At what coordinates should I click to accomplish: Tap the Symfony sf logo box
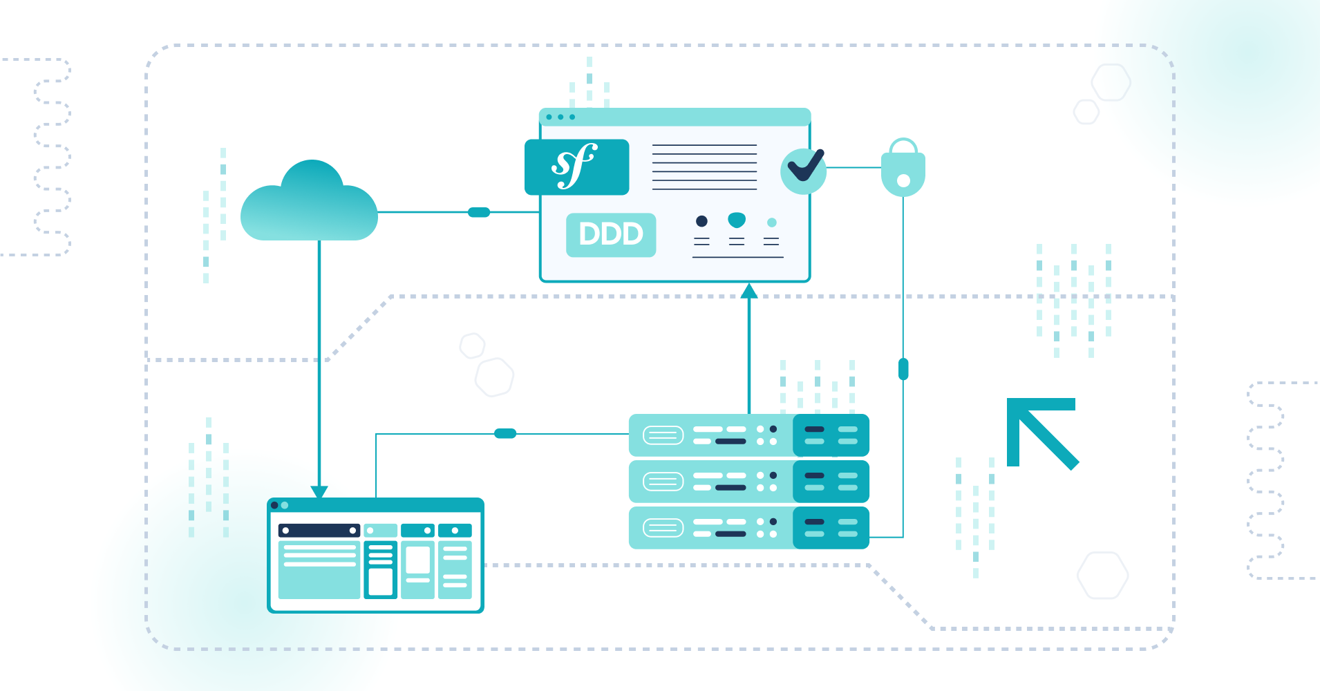point(576,167)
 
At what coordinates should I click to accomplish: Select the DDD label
point(611,235)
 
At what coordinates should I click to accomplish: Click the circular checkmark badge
point(804,170)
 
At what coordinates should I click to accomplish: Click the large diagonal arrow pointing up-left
point(1042,433)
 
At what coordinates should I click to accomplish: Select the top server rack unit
point(748,435)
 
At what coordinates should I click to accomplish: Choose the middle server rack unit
point(748,482)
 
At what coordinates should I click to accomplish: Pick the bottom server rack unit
point(748,528)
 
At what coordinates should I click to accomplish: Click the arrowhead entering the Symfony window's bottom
point(749,291)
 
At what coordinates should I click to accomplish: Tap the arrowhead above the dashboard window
point(319,491)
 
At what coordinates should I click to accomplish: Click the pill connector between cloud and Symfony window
point(479,212)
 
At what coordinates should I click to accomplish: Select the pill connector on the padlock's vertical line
point(903,369)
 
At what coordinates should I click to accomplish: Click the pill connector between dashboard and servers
point(505,433)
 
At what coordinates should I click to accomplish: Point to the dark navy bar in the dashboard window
point(319,531)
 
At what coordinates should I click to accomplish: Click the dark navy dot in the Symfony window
point(701,221)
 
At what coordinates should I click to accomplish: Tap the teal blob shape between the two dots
point(737,220)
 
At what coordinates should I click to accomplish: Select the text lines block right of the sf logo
point(704,167)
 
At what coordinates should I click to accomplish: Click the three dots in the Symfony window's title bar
point(560,117)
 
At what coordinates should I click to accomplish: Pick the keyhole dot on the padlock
point(903,181)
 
